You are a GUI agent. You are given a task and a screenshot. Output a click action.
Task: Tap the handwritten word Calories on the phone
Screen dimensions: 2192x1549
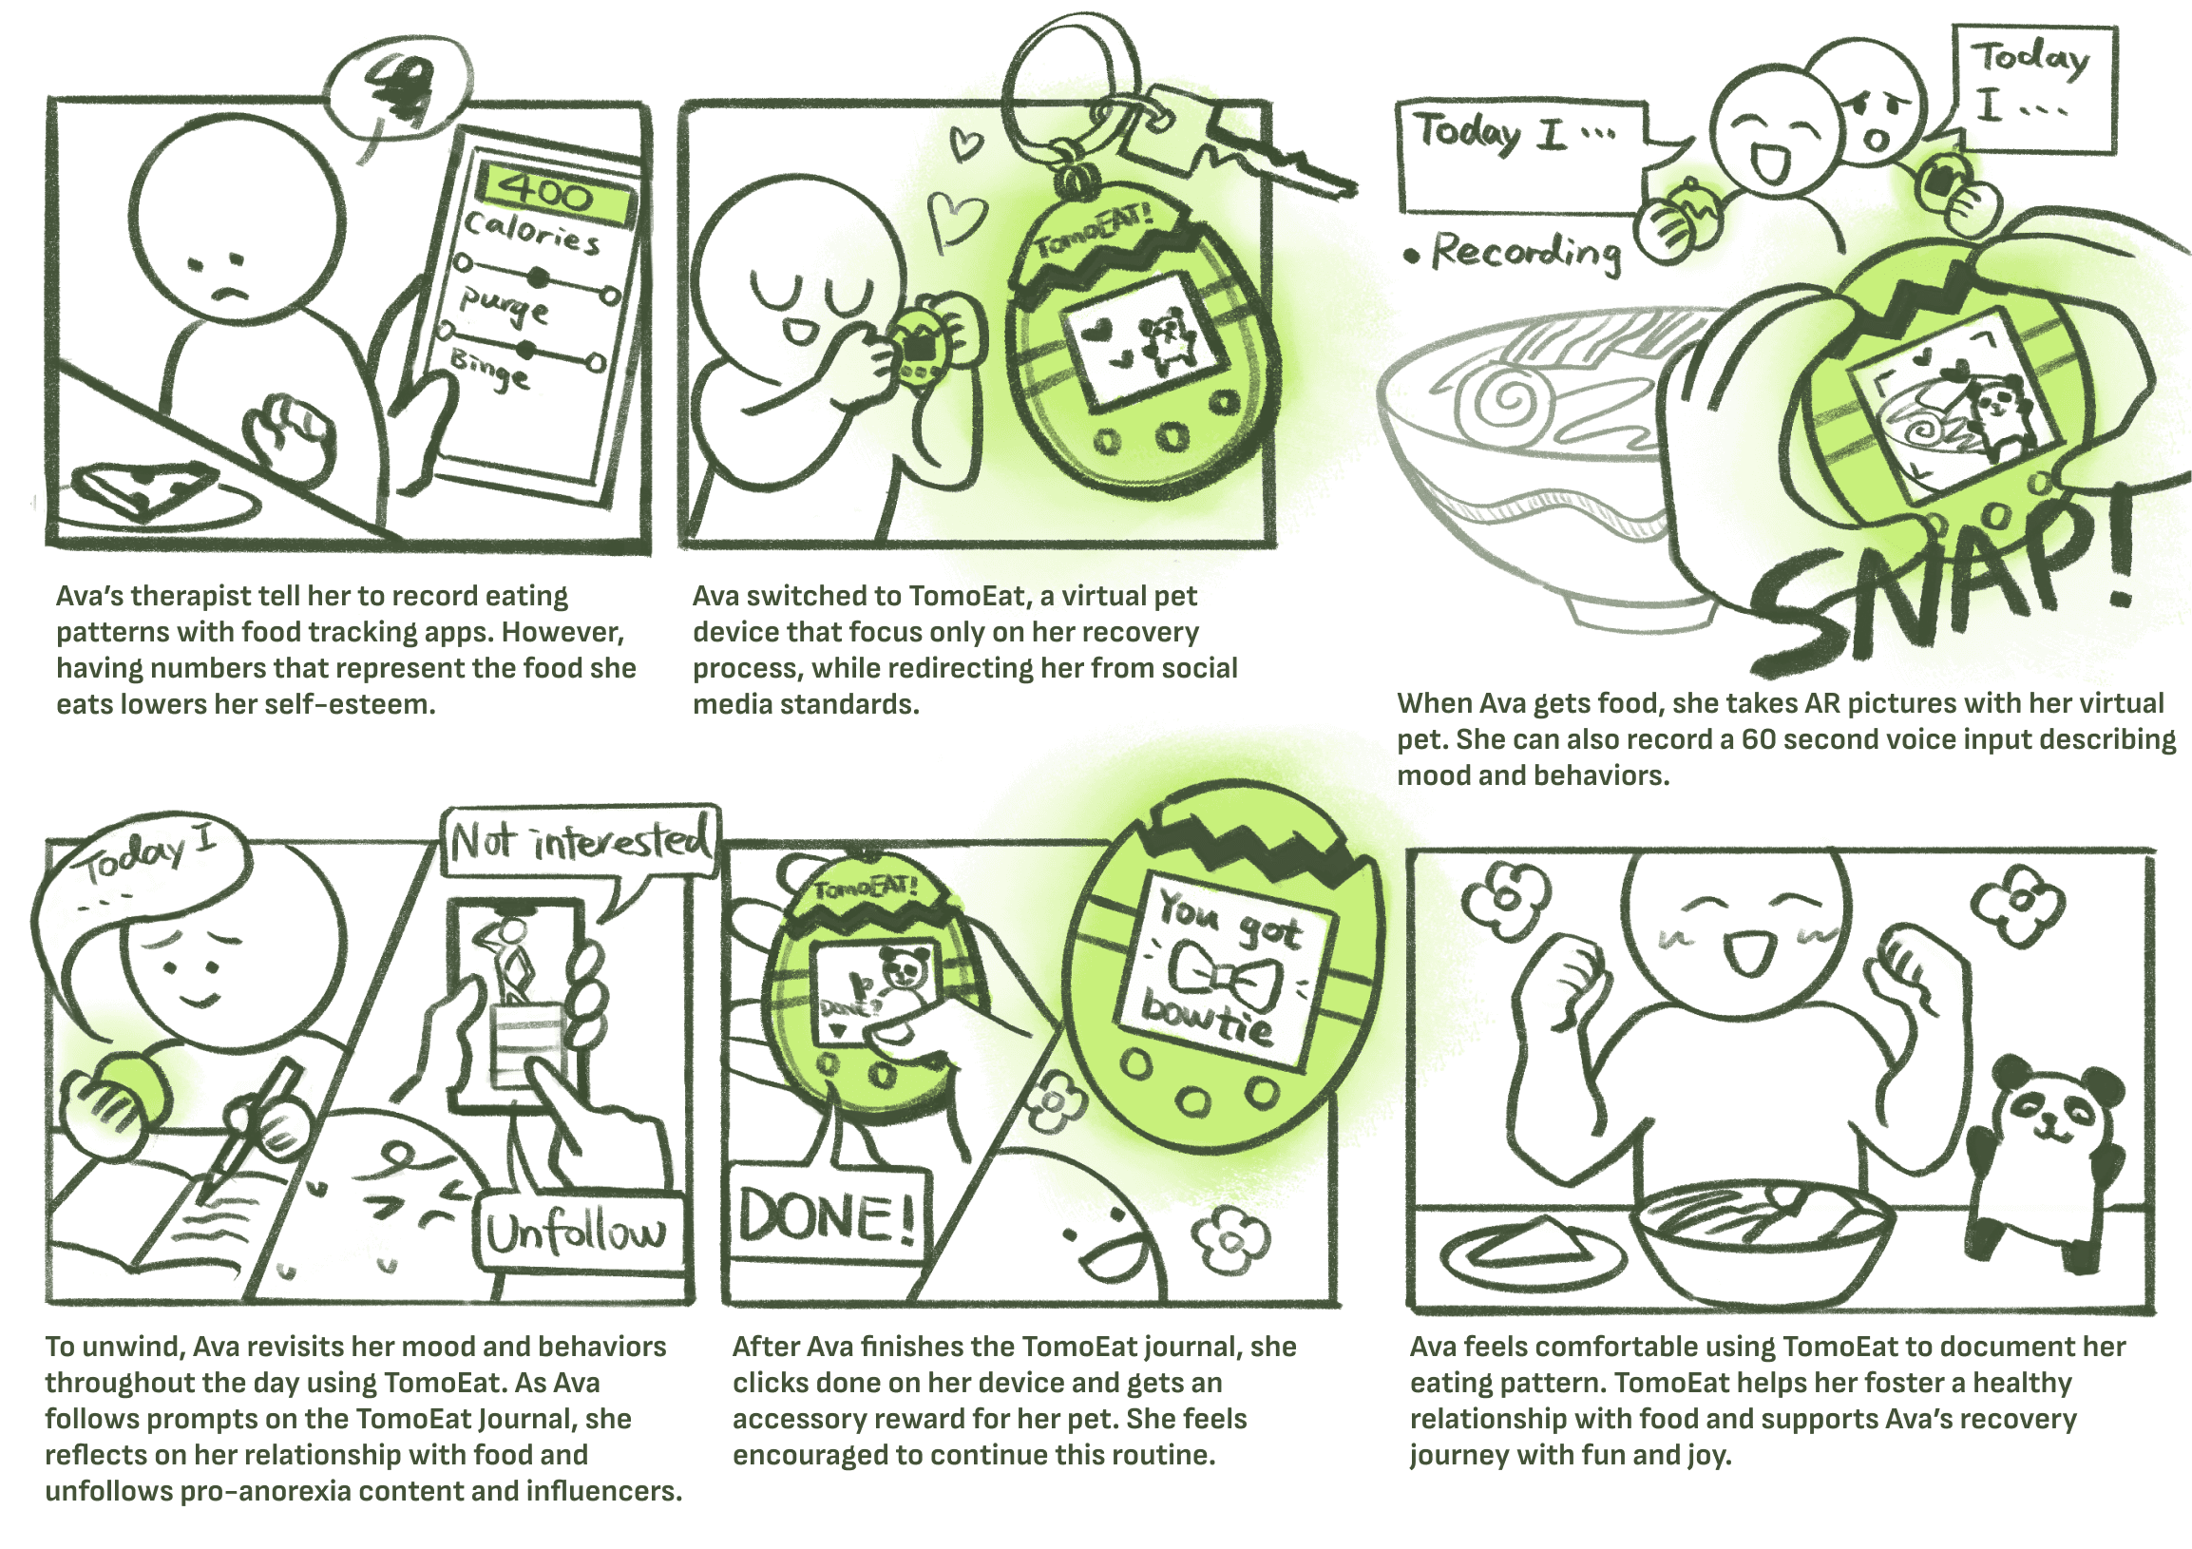point(533,235)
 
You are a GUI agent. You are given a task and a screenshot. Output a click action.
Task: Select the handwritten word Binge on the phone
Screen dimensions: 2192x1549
point(489,371)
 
